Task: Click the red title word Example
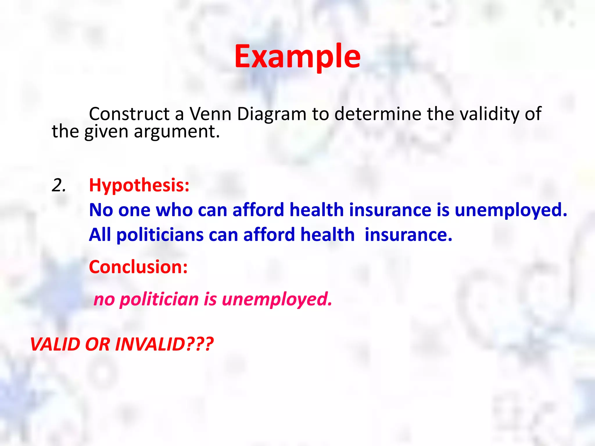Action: coord(297,57)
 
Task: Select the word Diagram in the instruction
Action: coord(272,114)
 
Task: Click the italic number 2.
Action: coord(58,185)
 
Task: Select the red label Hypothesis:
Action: coord(139,185)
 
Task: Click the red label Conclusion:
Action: coord(138,267)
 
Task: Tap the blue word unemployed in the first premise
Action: coord(510,210)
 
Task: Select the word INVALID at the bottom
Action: coord(150,344)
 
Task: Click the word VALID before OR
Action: coord(55,344)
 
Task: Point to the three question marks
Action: coord(200,344)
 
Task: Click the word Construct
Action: coord(129,114)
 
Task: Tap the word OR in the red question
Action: coord(97,344)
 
